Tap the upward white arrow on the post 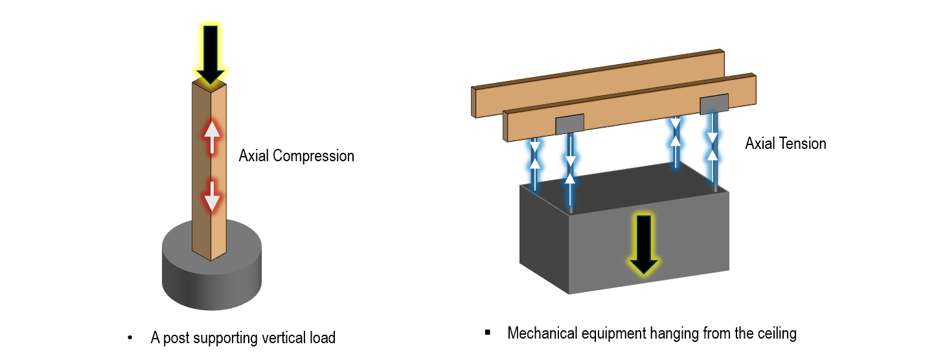(x=212, y=137)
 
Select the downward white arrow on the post (x=212, y=196)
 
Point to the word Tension (x=803, y=144)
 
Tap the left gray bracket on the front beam (x=570, y=124)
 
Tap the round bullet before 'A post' (x=130, y=338)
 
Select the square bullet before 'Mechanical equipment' (x=488, y=333)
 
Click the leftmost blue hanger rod (x=535, y=164)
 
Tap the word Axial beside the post (x=254, y=156)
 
